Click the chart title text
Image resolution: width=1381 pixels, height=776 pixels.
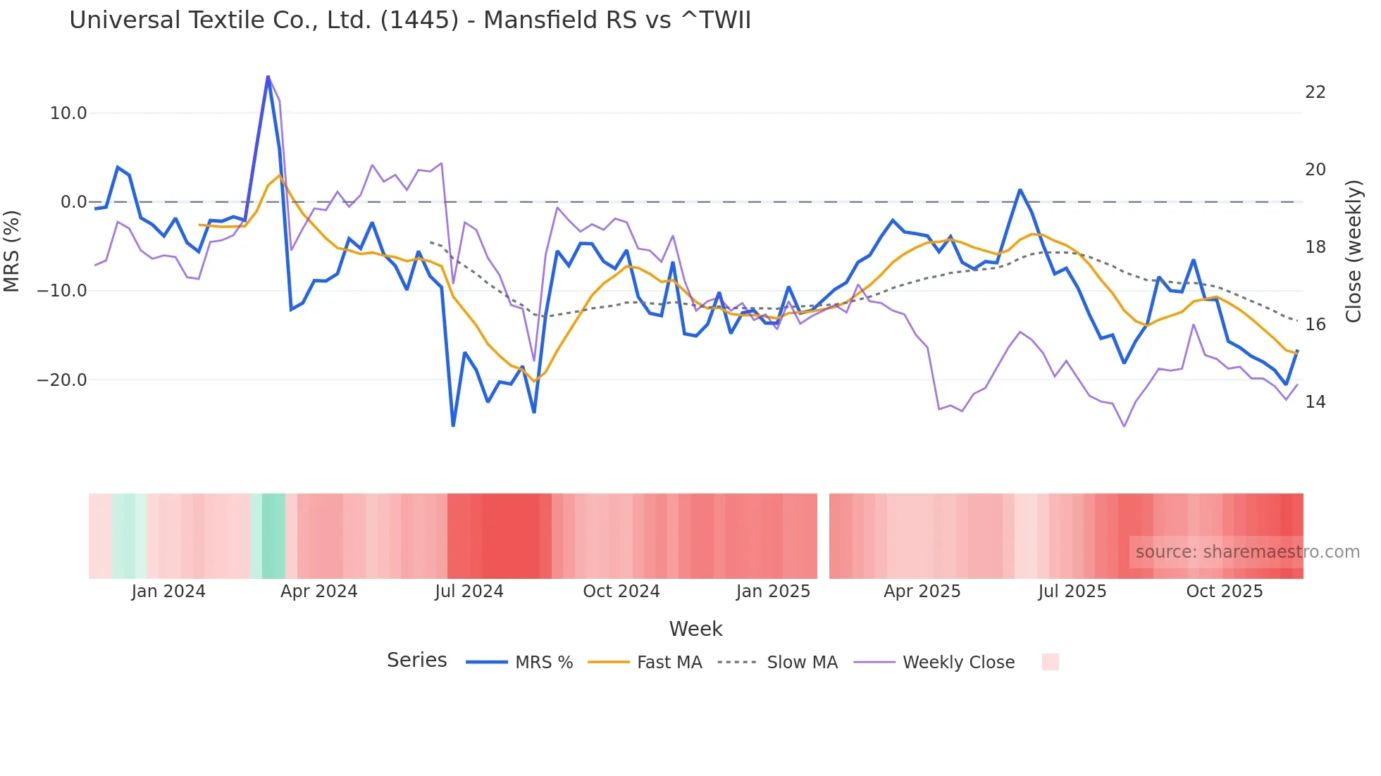[x=410, y=20]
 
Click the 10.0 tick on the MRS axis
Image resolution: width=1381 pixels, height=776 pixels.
[x=68, y=113]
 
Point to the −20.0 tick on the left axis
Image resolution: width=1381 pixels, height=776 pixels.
[x=62, y=380]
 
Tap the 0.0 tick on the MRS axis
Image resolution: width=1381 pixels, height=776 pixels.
[x=73, y=202]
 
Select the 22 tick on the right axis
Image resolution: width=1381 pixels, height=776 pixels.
[x=1315, y=92]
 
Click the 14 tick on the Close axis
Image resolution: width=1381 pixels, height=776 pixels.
[x=1315, y=402]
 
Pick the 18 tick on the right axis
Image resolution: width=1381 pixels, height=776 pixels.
[x=1315, y=247]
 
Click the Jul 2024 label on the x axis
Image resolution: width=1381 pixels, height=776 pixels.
[x=469, y=592]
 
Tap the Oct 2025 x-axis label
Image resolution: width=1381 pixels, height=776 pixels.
[x=1224, y=592]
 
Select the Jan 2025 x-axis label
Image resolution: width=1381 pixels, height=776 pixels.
[x=773, y=592]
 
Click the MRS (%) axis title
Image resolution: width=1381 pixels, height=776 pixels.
[x=12, y=251]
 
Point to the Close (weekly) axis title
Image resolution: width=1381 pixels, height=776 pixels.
[x=1353, y=251]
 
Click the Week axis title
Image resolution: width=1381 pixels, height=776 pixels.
[x=695, y=629]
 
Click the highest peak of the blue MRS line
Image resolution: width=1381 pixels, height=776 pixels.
[x=268, y=77]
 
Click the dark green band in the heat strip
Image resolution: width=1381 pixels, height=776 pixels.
[x=273, y=536]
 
